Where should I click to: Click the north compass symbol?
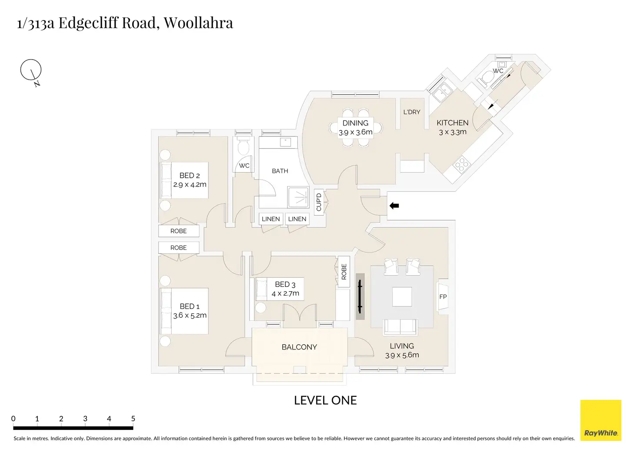31,70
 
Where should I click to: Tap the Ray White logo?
600,420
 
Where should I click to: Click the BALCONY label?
299,347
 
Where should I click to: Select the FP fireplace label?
443,297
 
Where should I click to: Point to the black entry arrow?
394,206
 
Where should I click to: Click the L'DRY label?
412,112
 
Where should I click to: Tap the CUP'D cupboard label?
319,202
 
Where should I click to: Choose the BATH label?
280,171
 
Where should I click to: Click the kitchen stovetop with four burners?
461,164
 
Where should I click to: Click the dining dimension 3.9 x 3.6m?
356,132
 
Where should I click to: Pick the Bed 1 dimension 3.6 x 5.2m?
190,316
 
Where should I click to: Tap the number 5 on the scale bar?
133,419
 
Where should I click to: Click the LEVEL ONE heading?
325,400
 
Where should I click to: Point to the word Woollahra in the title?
198,23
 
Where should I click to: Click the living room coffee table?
402,297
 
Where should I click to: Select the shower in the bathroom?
298,197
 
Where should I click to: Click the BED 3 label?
285,284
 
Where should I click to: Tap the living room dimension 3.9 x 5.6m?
402,355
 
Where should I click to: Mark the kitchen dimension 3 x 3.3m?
453,132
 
